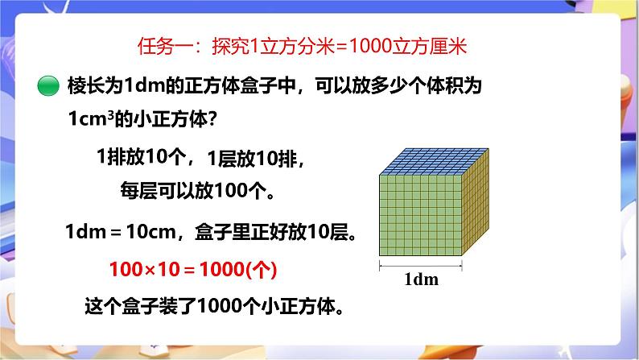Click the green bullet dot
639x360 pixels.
point(49,85)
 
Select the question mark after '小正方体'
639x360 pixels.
point(214,119)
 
